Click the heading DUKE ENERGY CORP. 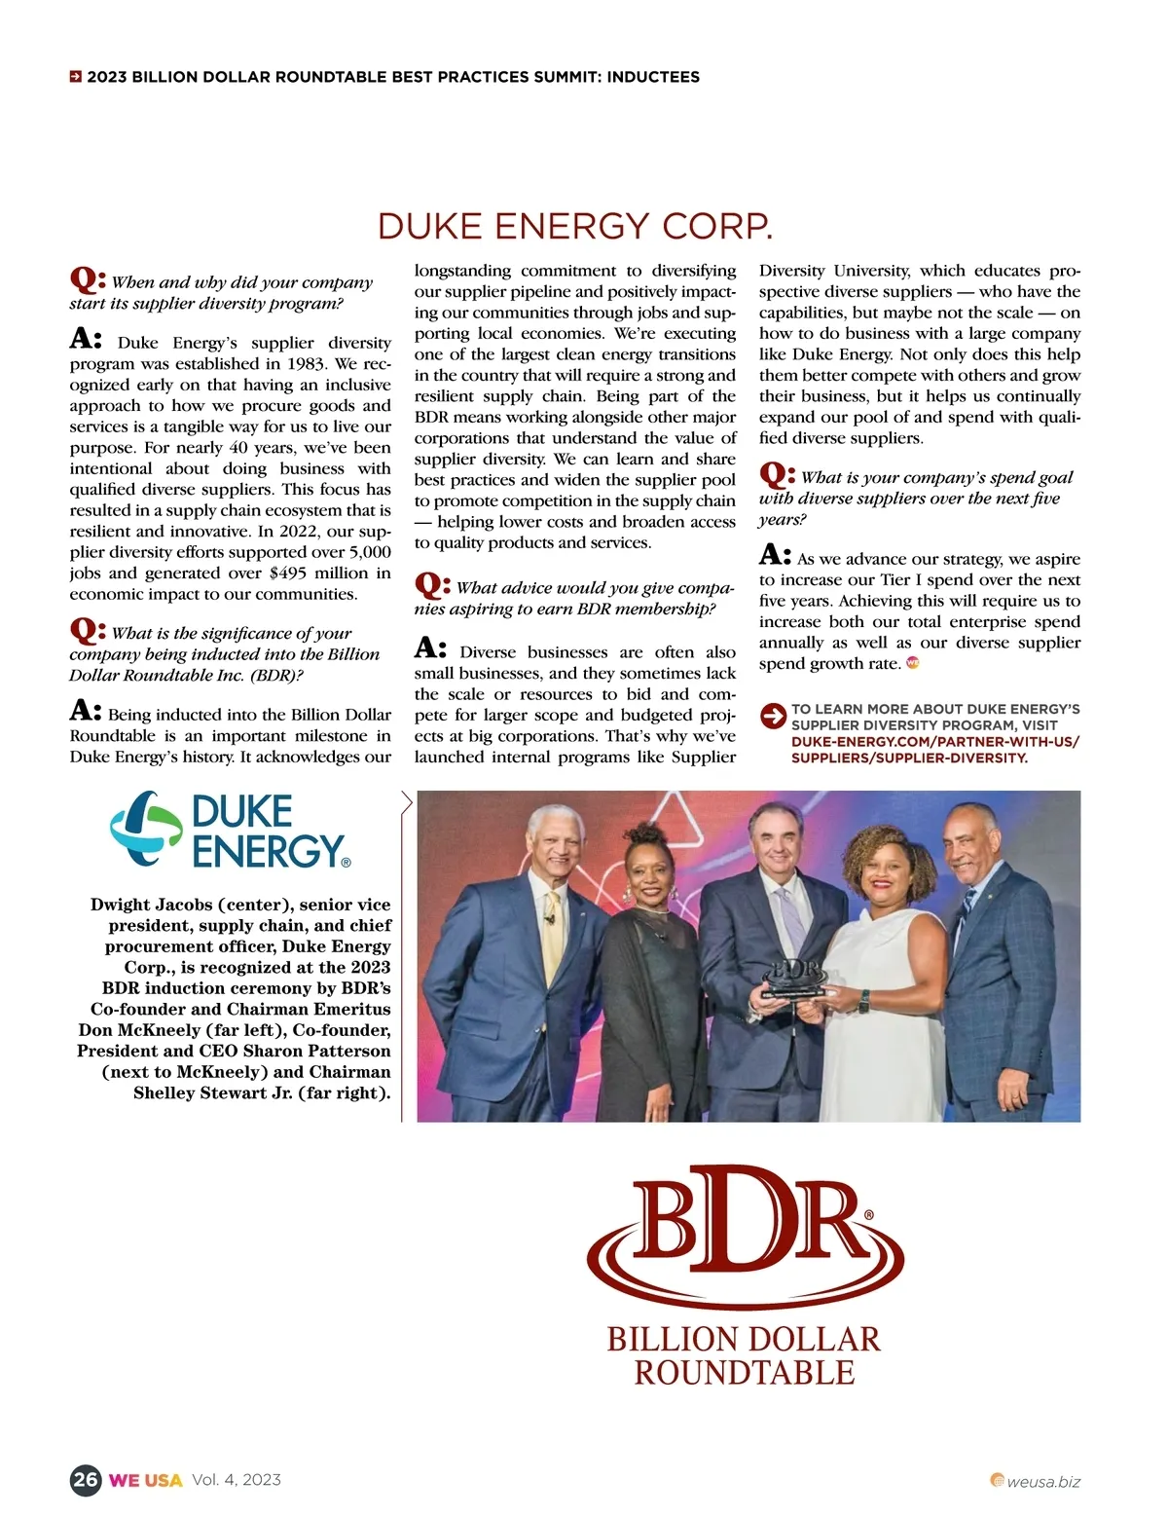574,226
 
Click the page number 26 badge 86,1480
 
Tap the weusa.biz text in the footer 1043,1482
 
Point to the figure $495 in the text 288,573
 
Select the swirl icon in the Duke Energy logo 146,830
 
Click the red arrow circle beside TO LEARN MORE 773,716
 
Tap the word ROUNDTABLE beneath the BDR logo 745,1373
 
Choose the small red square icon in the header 75,77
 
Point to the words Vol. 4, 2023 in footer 237,1480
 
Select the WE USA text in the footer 145,1480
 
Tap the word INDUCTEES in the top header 652,77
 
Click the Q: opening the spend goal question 776,475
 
